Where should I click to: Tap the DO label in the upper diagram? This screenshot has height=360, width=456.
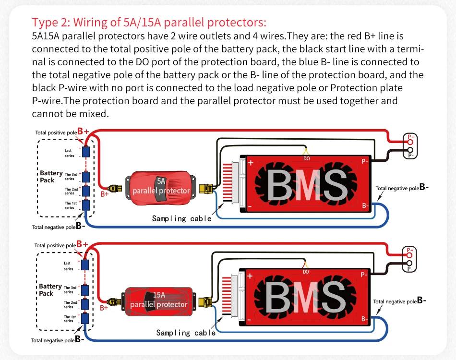click(307, 158)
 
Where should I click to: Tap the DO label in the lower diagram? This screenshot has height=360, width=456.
click(306, 272)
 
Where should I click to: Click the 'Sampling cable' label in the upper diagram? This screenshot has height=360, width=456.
click(181, 219)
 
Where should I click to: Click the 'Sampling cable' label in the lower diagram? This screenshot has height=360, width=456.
click(186, 333)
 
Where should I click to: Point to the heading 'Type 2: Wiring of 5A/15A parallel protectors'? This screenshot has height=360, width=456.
click(149, 22)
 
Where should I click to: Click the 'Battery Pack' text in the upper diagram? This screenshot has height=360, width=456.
click(51, 176)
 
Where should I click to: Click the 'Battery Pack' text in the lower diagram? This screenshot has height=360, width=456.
click(50, 289)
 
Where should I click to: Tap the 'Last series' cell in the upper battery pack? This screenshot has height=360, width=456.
click(86, 152)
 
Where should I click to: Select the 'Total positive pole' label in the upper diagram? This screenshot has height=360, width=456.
click(56, 132)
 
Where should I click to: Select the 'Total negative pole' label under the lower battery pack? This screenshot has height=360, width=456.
click(53, 340)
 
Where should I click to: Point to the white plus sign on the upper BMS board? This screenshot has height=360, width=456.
click(250, 163)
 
